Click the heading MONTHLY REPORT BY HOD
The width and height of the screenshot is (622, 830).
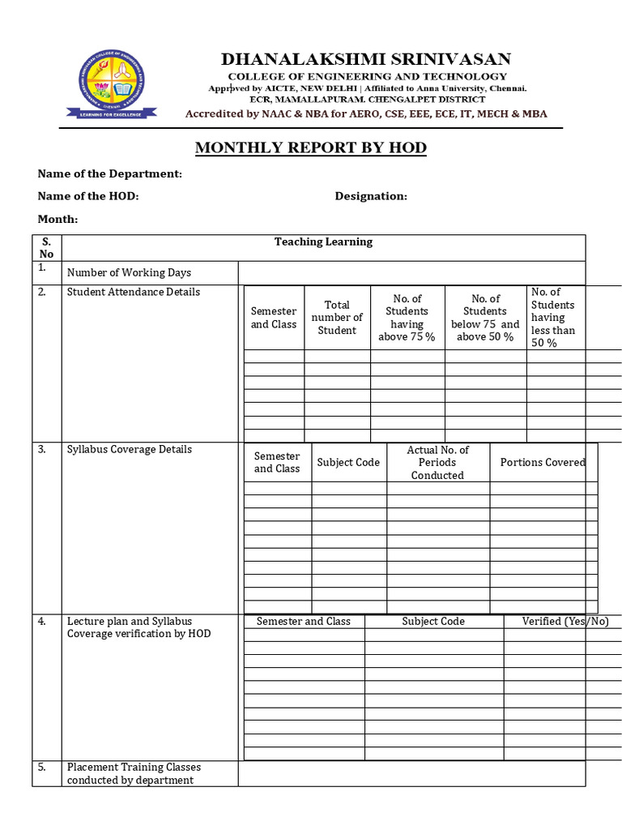click(310, 148)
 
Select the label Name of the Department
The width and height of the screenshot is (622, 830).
click(110, 173)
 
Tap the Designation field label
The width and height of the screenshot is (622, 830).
click(371, 196)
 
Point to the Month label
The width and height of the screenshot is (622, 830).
click(58, 219)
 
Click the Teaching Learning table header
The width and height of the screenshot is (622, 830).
click(323, 242)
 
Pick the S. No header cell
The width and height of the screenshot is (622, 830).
click(46, 247)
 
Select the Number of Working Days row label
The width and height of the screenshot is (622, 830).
click(129, 272)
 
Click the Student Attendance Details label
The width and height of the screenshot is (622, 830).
click(133, 292)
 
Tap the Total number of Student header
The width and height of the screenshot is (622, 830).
click(337, 317)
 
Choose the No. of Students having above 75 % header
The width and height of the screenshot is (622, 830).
click(407, 317)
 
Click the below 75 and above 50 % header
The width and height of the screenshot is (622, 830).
click(485, 317)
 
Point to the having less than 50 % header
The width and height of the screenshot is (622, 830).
click(553, 317)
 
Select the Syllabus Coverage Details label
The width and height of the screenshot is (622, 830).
click(129, 449)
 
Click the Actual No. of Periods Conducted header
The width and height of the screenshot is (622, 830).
click(437, 462)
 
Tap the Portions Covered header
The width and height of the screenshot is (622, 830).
click(542, 462)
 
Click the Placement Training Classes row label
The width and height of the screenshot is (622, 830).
click(134, 773)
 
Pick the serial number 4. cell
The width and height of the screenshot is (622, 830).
click(41, 621)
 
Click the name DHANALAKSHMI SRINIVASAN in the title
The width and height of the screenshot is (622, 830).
click(366, 58)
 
